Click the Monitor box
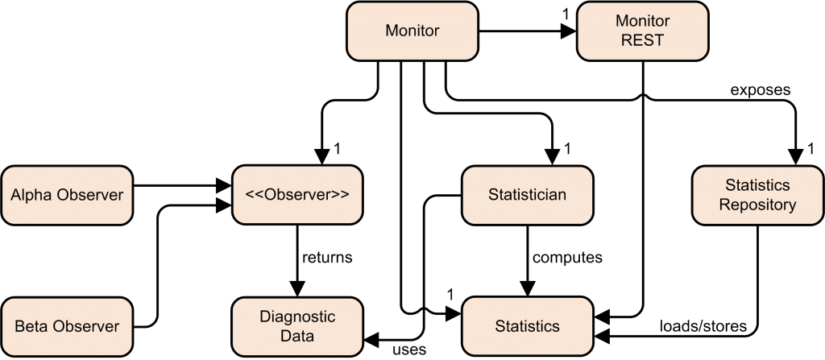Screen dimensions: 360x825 click(412, 31)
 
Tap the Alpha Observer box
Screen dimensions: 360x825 click(67, 195)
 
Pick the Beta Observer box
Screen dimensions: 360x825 click(67, 327)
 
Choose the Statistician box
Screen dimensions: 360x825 click(527, 195)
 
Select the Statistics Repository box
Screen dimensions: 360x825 click(757, 196)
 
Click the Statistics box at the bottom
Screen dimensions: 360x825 click(527, 327)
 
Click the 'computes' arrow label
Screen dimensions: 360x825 click(568, 259)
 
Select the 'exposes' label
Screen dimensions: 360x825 click(761, 90)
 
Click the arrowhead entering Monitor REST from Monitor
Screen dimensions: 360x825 click(568, 33)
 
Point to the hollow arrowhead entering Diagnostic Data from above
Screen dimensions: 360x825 click(297, 288)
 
